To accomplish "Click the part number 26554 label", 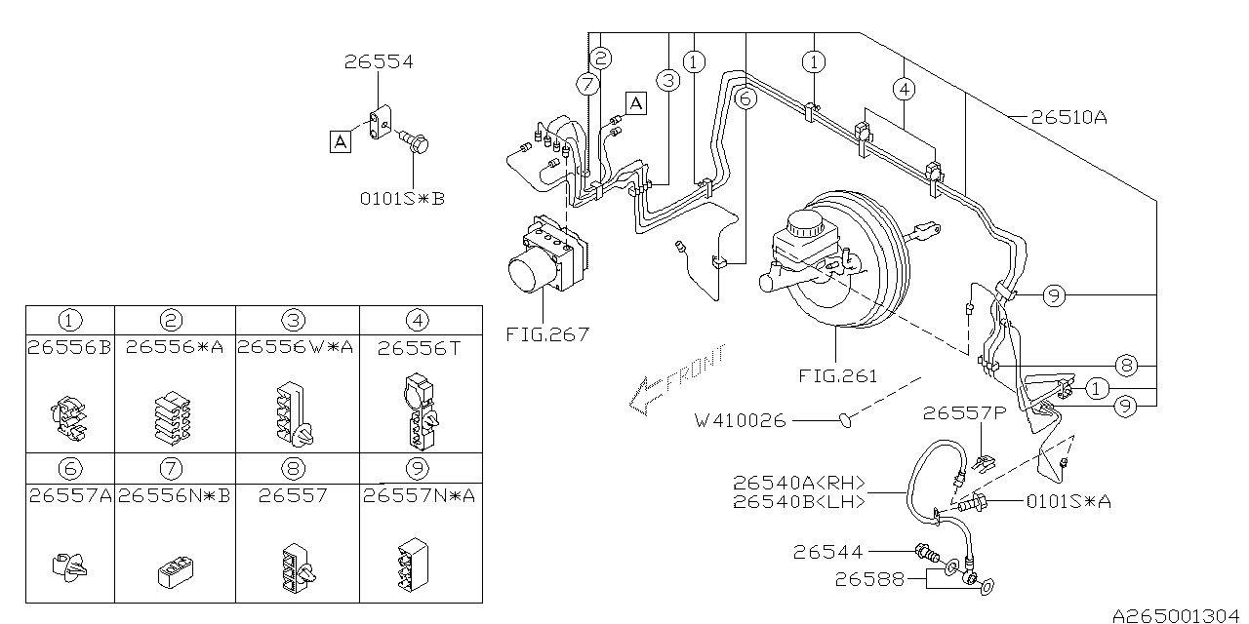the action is point(379,61).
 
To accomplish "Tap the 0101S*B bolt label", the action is point(402,198).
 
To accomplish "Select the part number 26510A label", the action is point(1068,118).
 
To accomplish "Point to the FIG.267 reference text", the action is point(547,334).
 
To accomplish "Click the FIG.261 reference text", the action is point(838,376).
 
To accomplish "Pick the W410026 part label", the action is point(741,420).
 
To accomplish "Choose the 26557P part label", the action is point(965,412).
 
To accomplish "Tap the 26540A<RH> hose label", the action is point(799,482).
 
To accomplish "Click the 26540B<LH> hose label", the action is point(799,501).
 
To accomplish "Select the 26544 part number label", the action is point(828,552).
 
